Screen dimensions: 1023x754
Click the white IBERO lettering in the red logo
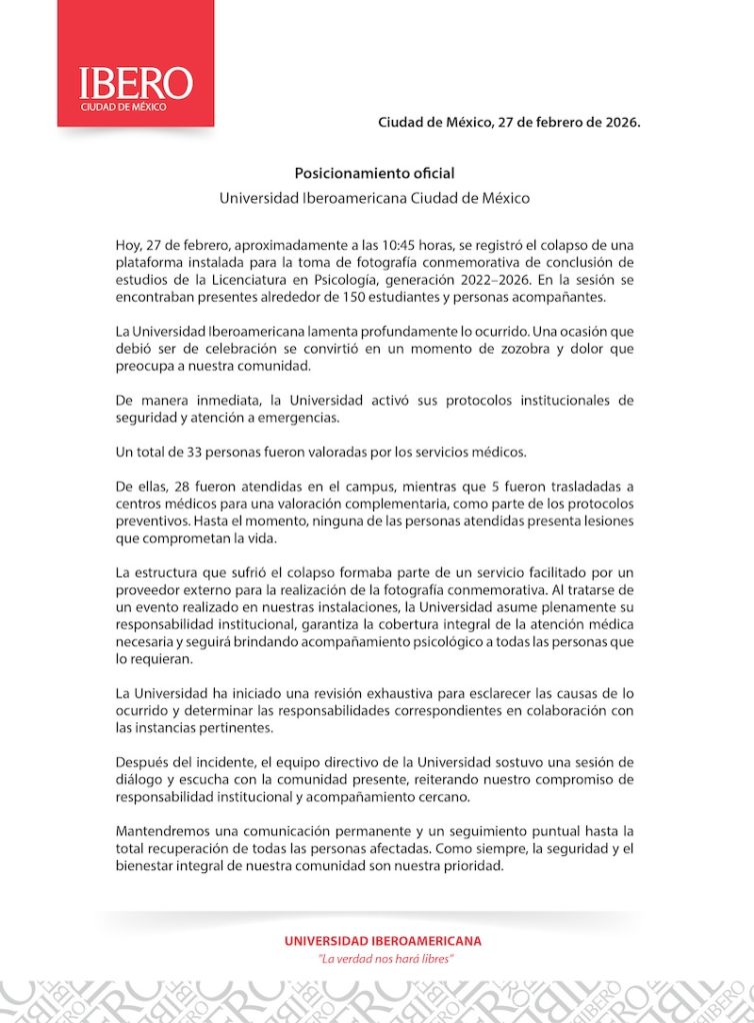point(136,82)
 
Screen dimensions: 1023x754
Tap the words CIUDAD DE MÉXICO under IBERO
point(124,106)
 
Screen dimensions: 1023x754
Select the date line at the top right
point(508,123)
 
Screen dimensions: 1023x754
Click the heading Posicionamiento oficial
point(374,173)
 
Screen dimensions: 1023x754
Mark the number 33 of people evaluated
point(202,453)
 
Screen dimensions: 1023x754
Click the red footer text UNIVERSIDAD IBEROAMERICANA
point(383,940)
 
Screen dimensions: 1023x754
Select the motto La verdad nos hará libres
point(386,958)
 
